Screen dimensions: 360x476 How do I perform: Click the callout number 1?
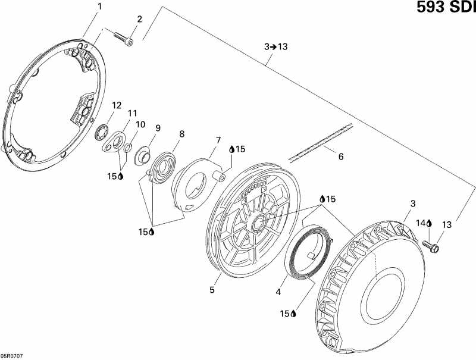pyautogui.click(x=99, y=7)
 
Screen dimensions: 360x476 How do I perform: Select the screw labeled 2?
pyautogui.click(x=125, y=38)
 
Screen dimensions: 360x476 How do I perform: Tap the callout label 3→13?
pyautogui.click(x=275, y=46)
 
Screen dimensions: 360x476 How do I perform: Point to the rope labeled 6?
pyautogui.click(x=321, y=142)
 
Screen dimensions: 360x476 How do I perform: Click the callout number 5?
pyautogui.click(x=212, y=290)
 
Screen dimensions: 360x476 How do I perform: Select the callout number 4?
pyautogui.click(x=277, y=292)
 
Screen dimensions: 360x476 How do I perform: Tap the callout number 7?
pyautogui.click(x=218, y=140)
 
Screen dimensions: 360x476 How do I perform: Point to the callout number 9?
pyautogui.click(x=158, y=127)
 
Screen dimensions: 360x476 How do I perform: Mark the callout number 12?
pyautogui.click(x=117, y=105)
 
